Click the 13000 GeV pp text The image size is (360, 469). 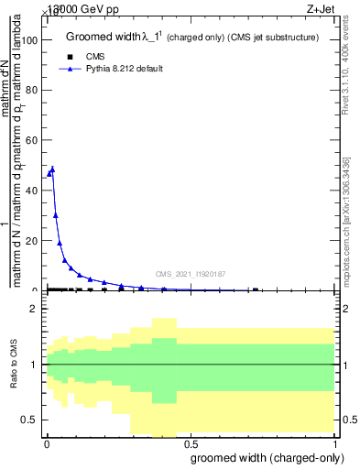click(x=82, y=8)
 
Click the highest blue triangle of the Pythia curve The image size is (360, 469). click(x=52, y=169)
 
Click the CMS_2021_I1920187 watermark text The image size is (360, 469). click(x=191, y=274)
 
